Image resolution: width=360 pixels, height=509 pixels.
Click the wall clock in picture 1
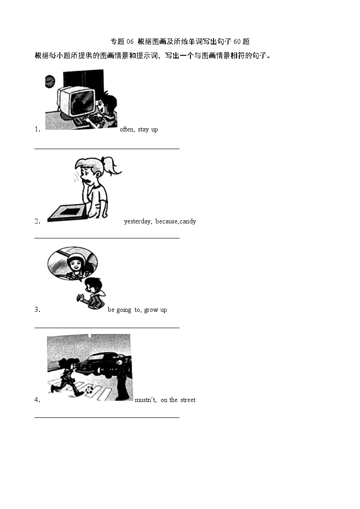[x=50, y=81]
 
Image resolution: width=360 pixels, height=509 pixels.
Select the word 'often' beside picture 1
[x=126, y=130]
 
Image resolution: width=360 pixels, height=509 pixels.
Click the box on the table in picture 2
[x=67, y=212]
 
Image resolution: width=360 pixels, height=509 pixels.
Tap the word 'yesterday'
[x=137, y=222]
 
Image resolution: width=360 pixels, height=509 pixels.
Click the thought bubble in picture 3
[x=72, y=263]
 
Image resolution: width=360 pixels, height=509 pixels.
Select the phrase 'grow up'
[x=156, y=310]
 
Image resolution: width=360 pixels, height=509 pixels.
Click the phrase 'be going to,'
[x=124, y=310]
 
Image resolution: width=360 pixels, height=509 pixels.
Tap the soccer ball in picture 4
[x=90, y=389]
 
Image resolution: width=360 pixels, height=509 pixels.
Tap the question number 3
[x=37, y=310]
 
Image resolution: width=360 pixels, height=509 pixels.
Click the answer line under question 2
[x=107, y=238]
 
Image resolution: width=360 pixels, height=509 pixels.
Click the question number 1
[x=37, y=130]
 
